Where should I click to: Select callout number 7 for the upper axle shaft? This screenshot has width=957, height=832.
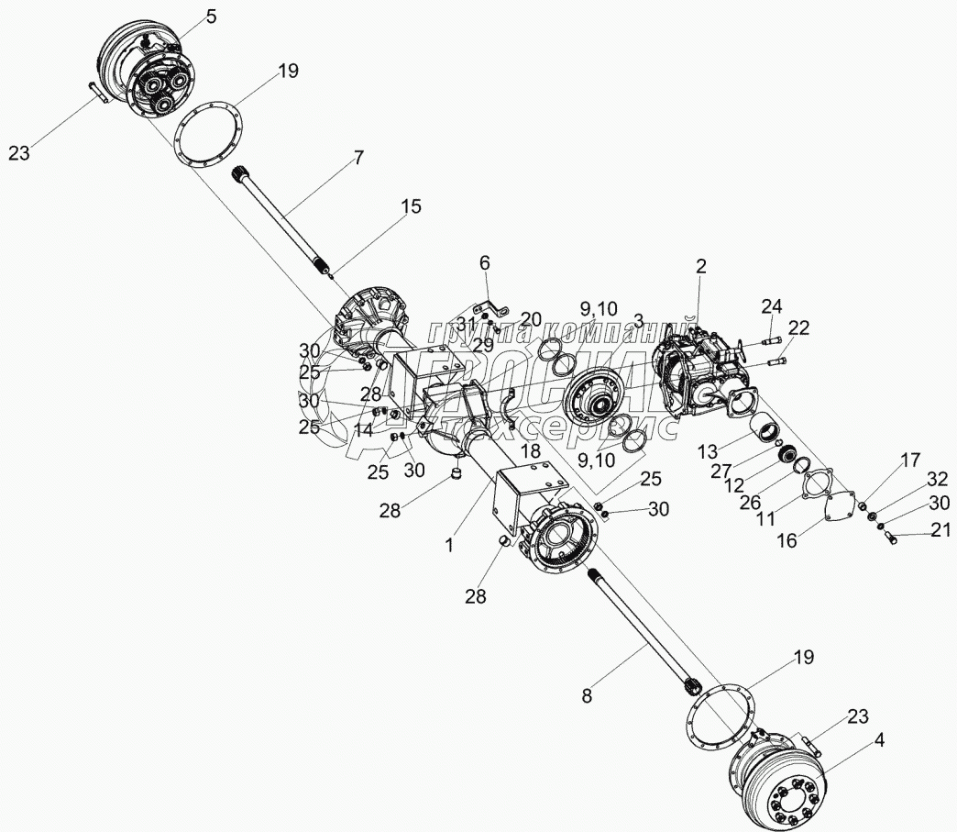click(x=358, y=158)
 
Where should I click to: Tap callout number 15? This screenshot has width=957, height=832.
click(x=411, y=207)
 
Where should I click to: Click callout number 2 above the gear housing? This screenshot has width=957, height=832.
click(x=701, y=267)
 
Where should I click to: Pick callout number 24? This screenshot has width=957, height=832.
click(x=772, y=305)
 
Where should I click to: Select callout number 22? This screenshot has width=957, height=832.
click(x=798, y=328)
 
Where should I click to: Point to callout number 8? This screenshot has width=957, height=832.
click(x=587, y=695)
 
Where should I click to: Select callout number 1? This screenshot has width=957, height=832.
click(x=450, y=544)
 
